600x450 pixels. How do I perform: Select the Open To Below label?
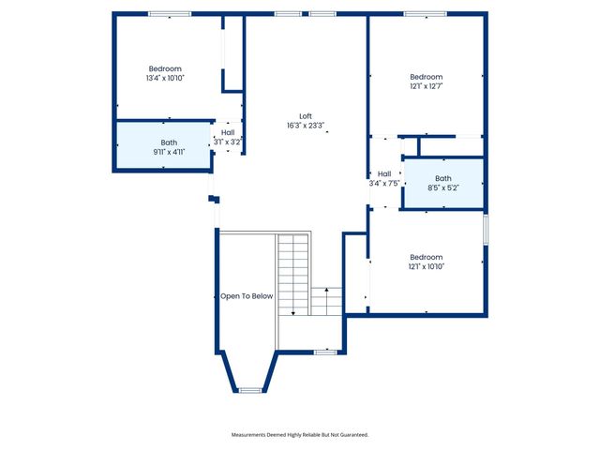pyautogui.click(x=247, y=296)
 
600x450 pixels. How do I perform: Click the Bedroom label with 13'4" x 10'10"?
pyautogui.click(x=165, y=68)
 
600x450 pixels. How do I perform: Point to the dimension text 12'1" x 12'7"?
pyautogui.click(x=426, y=86)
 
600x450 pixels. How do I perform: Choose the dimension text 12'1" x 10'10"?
pyautogui.click(x=426, y=266)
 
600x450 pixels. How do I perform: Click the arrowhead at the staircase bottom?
pyautogui.click(x=293, y=313)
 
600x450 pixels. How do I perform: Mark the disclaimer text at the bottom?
pyautogui.click(x=300, y=435)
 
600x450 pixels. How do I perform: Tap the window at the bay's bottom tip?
pyautogui.click(x=250, y=389)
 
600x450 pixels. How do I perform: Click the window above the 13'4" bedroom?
pyautogui.click(x=170, y=14)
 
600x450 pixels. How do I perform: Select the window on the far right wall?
pyautogui.click(x=486, y=230)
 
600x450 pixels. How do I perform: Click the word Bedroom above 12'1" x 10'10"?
pyautogui.click(x=426, y=257)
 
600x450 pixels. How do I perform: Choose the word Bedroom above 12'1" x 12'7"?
pyautogui.click(x=426, y=77)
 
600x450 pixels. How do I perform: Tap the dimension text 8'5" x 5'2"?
pyautogui.click(x=442, y=187)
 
